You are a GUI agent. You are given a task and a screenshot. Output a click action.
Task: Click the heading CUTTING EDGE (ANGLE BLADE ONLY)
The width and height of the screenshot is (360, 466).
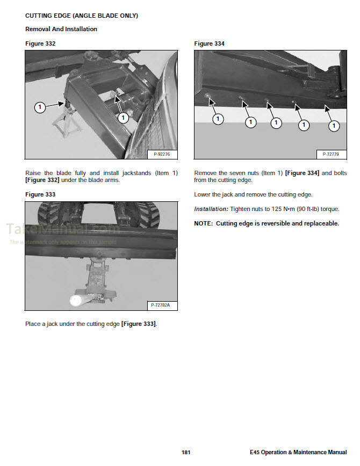click(82, 16)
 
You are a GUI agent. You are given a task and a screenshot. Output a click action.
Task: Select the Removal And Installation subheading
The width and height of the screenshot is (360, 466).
click(61, 29)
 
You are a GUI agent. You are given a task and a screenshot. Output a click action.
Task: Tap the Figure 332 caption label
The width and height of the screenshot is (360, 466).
click(40, 43)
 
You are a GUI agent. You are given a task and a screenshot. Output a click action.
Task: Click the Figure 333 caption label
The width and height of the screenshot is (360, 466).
click(40, 194)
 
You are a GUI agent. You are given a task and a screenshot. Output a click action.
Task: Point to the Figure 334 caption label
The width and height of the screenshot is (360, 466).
click(209, 43)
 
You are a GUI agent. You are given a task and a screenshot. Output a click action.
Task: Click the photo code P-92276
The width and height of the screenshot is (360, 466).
click(161, 154)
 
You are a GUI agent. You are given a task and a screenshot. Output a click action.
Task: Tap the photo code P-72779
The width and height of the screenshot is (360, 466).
click(330, 154)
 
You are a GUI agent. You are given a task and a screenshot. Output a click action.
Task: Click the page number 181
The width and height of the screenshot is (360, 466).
click(186, 453)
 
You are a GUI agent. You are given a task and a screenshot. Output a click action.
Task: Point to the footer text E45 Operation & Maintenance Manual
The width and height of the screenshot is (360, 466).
click(298, 453)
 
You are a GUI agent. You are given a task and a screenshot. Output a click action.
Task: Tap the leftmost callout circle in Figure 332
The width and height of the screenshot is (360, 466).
click(39, 107)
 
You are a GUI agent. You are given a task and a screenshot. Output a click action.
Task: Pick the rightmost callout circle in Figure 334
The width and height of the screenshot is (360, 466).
click(334, 126)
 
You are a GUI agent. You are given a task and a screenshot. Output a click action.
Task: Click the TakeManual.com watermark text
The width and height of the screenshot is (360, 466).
click(62, 229)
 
